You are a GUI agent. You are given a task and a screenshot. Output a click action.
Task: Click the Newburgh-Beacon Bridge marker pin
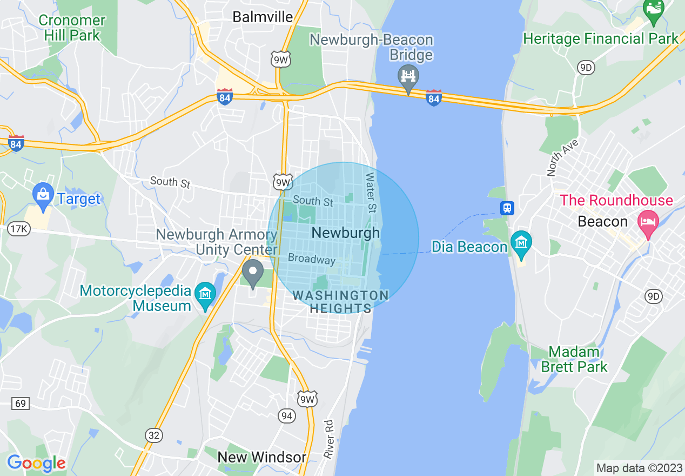pyautogui.click(x=409, y=77)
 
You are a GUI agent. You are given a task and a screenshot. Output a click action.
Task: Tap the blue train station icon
pyautogui.click(x=507, y=208)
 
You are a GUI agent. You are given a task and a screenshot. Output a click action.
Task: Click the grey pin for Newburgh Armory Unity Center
pyautogui.click(x=252, y=272)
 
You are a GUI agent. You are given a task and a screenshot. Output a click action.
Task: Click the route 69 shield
pyautogui.click(x=21, y=404)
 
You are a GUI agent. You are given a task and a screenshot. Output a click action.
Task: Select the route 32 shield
pyautogui.click(x=153, y=435)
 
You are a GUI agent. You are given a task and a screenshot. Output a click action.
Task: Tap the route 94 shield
pyautogui.click(x=286, y=415)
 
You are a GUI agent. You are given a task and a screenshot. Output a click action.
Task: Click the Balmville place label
pyautogui.click(x=263, y=17)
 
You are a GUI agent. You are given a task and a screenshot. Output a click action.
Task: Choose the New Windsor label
pyautogui.click(x=261, y=457)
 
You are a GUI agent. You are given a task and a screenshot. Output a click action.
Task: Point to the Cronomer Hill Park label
pyautogui.click(x=72, y=28)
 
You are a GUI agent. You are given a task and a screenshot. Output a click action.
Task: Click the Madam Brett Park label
pyautogui.click(x=574, y=359)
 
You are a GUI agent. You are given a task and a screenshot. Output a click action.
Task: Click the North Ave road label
pyautogui.click(x=562, y=158)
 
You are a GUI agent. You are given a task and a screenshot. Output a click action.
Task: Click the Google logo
pyautogui.click(x=36, y=463)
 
